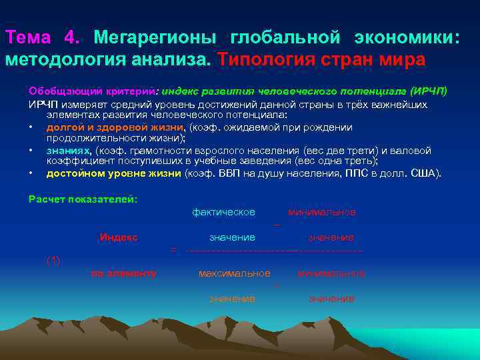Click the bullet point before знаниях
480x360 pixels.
pos(31,151)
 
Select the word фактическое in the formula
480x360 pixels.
pos(223,212)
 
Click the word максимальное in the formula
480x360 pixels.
pos(234,273)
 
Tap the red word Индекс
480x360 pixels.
pos(119,237)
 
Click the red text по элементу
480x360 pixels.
pos(124,273)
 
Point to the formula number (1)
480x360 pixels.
pos(53,260)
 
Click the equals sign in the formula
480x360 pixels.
pos(173,250)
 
